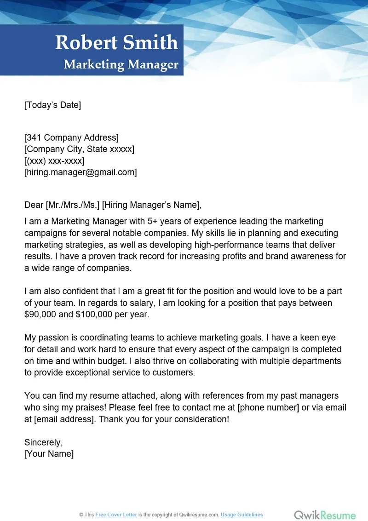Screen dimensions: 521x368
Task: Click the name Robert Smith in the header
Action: (x=116, y=42)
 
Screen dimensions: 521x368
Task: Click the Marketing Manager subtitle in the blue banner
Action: (x=121, y=64)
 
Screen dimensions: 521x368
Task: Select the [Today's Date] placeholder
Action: (x=52, y=105)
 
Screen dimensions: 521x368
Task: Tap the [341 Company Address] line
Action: (x=71, y=137)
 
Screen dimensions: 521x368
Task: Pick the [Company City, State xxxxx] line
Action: (x=79, y=149)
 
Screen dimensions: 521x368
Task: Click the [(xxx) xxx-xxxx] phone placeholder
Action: (x=54, y=161)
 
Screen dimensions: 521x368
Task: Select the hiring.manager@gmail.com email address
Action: (x=80, y=172)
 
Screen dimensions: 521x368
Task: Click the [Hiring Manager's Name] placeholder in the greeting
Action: (x=151, y=205)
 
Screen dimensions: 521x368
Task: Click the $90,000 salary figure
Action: (x=40, y=315)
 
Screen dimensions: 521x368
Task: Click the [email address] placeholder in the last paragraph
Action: (x=63, y=419)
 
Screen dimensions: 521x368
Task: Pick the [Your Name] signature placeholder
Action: (x=49, y=454)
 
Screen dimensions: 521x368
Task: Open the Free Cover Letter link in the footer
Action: (x=116, y=515)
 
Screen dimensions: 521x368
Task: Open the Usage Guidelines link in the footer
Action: (x=242, y=515)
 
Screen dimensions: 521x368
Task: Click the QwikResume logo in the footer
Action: (x=325, y=515)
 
